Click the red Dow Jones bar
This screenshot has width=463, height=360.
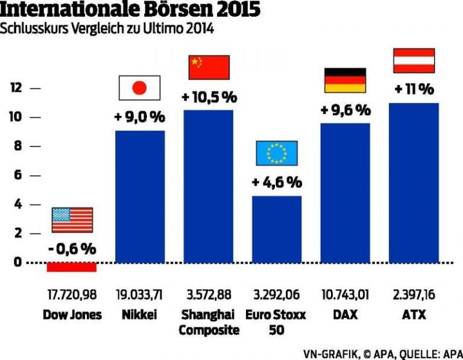coord(72,267)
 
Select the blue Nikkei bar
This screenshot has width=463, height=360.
coord(140,196)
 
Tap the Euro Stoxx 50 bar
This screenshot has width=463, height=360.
coord(277,229)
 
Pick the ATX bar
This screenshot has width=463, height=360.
coord(414,183)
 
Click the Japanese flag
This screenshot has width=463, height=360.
coord(139,88)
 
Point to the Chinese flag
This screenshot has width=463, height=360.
coord(209,67)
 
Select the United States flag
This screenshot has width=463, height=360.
coord(72,219)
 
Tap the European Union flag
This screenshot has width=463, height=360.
coord(277,153)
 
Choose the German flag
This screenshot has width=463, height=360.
coord(345,80)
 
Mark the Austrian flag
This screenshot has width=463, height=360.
coord(414,60)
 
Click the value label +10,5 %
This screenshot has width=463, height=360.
coord(209,97)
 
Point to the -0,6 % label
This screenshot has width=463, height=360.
coord(72,248)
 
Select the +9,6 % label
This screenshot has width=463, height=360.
coord(345,110)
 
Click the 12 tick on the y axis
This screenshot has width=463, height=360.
coord(16,88)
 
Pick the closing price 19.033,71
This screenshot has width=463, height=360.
coord(140,296)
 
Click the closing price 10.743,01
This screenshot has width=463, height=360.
coord(345,296)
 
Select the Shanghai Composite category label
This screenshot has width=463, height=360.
coord(209,322)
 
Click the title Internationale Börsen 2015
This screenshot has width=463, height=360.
coord(131,10)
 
